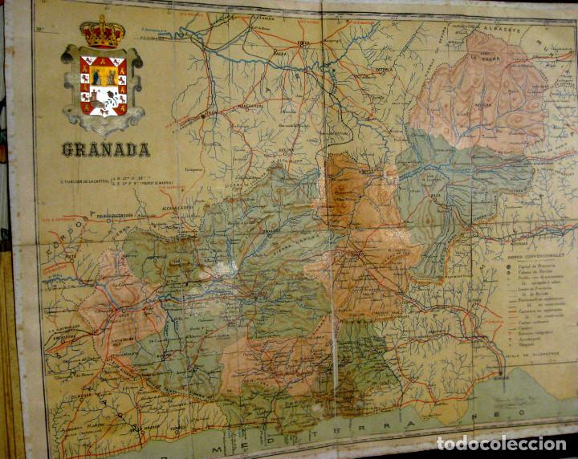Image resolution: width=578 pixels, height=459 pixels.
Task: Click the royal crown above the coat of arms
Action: point(102,32)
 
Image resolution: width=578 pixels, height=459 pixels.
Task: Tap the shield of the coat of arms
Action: point(103,86)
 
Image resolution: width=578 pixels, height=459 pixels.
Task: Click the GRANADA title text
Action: point(105,150)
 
